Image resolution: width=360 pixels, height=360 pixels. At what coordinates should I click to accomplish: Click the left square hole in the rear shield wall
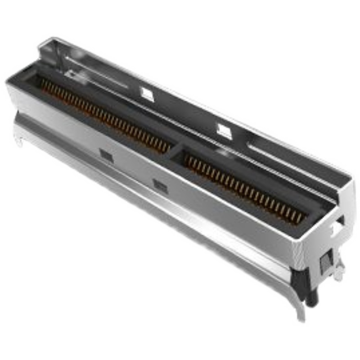coord(147,94)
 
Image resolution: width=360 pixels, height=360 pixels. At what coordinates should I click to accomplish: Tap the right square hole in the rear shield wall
coord(224,130)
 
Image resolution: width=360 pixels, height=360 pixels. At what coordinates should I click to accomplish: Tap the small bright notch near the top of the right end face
coord(335,228)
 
